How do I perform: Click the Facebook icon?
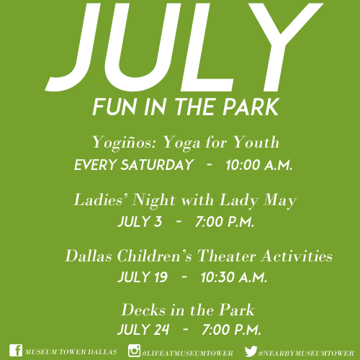16,351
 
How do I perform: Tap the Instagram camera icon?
134,351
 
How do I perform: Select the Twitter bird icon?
251,351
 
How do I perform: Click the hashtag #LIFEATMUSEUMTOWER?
187,354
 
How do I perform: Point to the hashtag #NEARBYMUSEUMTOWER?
306,354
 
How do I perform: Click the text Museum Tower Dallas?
71,352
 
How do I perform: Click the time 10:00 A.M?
259,165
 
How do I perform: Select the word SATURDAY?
157,165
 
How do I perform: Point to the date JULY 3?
140,221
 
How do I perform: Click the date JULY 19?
143,277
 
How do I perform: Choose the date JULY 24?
143,329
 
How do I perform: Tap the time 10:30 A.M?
234,277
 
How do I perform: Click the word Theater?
226,256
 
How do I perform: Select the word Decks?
143,310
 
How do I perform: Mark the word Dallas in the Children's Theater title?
89,256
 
